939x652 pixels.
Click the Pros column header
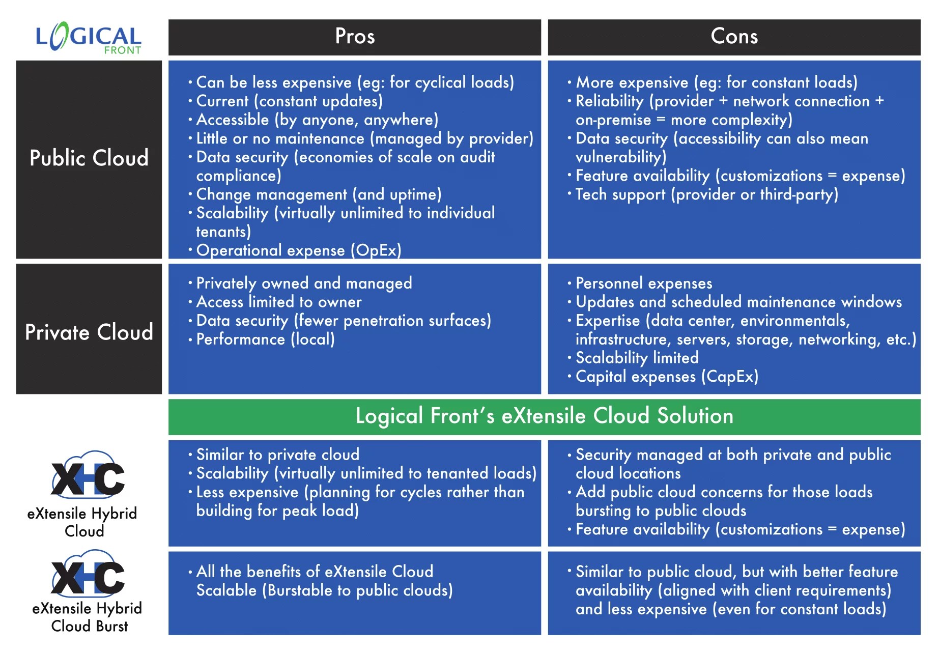coord(355,37)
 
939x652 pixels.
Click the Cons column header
coord(734,37)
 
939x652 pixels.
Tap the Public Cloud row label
coord(89,158)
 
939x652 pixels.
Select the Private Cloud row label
coord(89,332)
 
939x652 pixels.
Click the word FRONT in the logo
coord(122,50)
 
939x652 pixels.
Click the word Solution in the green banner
coord(695,416)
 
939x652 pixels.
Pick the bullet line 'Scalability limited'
coord(636,358)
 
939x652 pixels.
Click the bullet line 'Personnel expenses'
coord(643,284)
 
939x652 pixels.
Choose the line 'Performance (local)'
coord(265,339)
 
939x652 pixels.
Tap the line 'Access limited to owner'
coord(278,302)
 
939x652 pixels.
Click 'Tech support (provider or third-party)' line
coord(706,194)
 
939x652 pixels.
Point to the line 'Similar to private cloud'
coord(277,455)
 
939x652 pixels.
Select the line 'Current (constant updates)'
coord(289,101)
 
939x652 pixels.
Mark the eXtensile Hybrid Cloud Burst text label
coord(88,617)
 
